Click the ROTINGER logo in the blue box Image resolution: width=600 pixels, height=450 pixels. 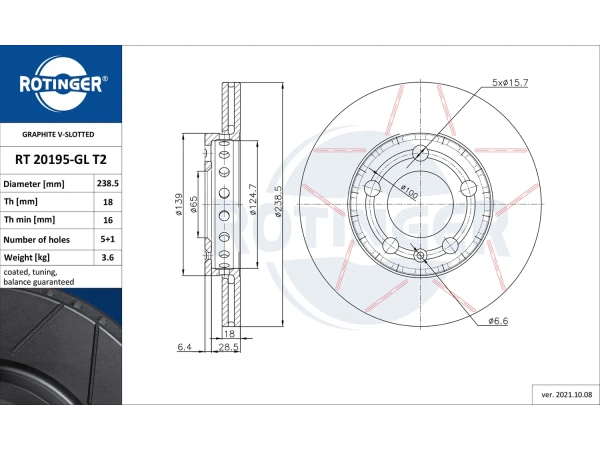point(60,83)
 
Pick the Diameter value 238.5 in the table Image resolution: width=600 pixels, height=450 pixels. point(107,184)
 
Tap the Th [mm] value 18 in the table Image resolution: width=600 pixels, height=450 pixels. point(107,202)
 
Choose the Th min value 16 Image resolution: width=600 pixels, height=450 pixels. point(107,220)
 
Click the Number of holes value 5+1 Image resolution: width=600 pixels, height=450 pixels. point(107,239)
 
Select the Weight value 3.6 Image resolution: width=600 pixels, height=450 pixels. point(107,258)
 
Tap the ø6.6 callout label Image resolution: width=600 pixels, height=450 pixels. point(500,320)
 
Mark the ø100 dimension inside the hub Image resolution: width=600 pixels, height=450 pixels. point(408,189)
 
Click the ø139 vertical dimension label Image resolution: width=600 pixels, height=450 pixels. point(179,204)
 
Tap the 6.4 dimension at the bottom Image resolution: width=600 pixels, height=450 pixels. point(184,346)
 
